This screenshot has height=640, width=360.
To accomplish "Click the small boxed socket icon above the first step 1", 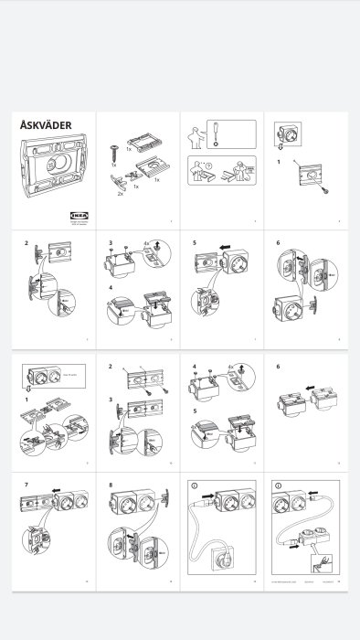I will pos(285,133).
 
